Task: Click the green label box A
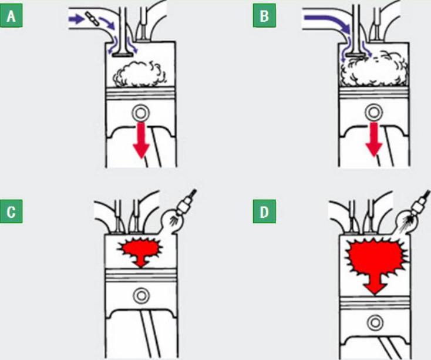(11, 16)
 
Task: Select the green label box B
(264, 16)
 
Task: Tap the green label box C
(11, 211)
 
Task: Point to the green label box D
(264, 211)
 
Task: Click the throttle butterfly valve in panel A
(91, 19)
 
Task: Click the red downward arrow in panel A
(142, 140)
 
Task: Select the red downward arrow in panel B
(374, 139)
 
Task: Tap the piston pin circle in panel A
(141, 112)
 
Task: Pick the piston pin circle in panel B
(374, 112)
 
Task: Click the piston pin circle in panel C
(142, 296)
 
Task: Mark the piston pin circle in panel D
(375, 322)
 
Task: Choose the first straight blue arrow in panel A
(76, 19)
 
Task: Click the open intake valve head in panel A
(123, 55)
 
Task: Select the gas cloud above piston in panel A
(138, 74)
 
